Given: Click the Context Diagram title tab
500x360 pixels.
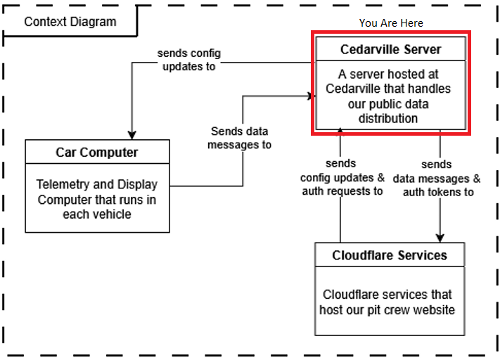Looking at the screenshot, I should tap(70, 21).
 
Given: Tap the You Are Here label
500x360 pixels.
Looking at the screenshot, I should tap(391, 22).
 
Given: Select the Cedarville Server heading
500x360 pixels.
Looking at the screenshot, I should tap(390, 49).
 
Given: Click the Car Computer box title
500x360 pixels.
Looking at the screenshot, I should tap(97, 153).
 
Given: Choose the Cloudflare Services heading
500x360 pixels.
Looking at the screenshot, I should tap(389, 255).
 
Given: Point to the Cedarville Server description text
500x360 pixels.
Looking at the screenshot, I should tap(389, 96).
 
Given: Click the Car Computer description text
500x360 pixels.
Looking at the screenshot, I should tap(97, 199).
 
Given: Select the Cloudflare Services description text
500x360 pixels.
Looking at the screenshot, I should tap(389, 302).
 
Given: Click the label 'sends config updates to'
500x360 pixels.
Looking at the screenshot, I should tap(188, 60).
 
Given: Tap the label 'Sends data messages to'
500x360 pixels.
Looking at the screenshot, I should tap(241, 138).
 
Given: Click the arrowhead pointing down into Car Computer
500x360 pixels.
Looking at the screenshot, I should tap(132, 134).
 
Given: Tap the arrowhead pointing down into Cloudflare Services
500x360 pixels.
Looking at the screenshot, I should tap(441, 238).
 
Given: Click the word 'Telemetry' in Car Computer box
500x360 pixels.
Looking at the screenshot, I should tap(62, 185).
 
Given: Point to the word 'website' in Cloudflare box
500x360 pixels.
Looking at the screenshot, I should tap(433, 310).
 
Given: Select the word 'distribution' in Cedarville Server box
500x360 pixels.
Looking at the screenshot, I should tap(389, 119).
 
